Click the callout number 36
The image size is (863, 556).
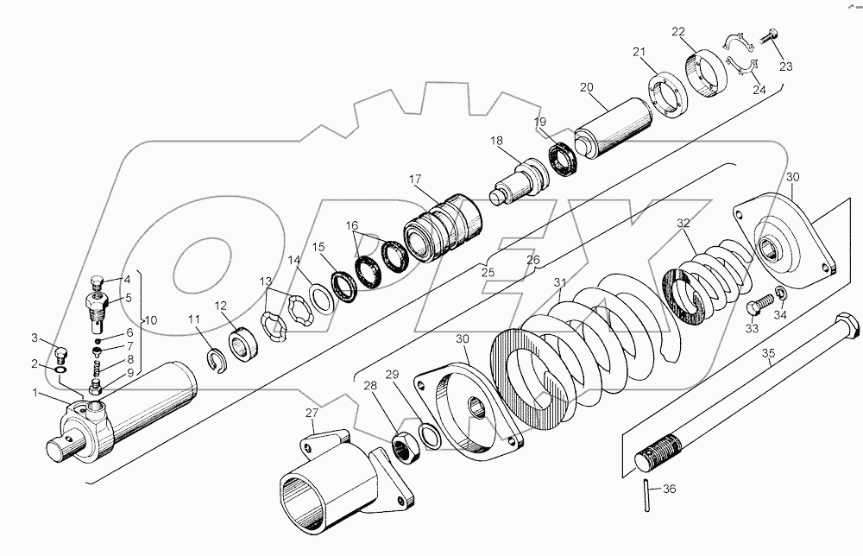pos(669,489)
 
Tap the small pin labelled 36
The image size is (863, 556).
pos(647,496)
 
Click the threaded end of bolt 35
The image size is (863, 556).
pos(659,452)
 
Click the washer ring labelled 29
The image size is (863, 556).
pos(430,433)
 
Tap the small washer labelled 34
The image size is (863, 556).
pos(780,294)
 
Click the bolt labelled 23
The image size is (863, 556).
pos(768,35)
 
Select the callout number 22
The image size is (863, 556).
pos(678,31)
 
